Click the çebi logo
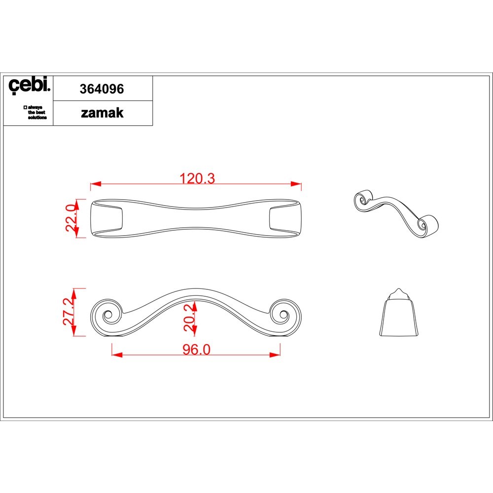[x=29, y=85]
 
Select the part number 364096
[x=102, y=89]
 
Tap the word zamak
[x=102, y=113]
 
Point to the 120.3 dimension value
[x=197, y=178]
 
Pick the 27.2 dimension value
[x=69, y=311]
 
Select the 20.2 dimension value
[x=190, y=317]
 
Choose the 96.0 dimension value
[x=197, y=350]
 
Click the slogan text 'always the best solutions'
[x=35, y=112]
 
